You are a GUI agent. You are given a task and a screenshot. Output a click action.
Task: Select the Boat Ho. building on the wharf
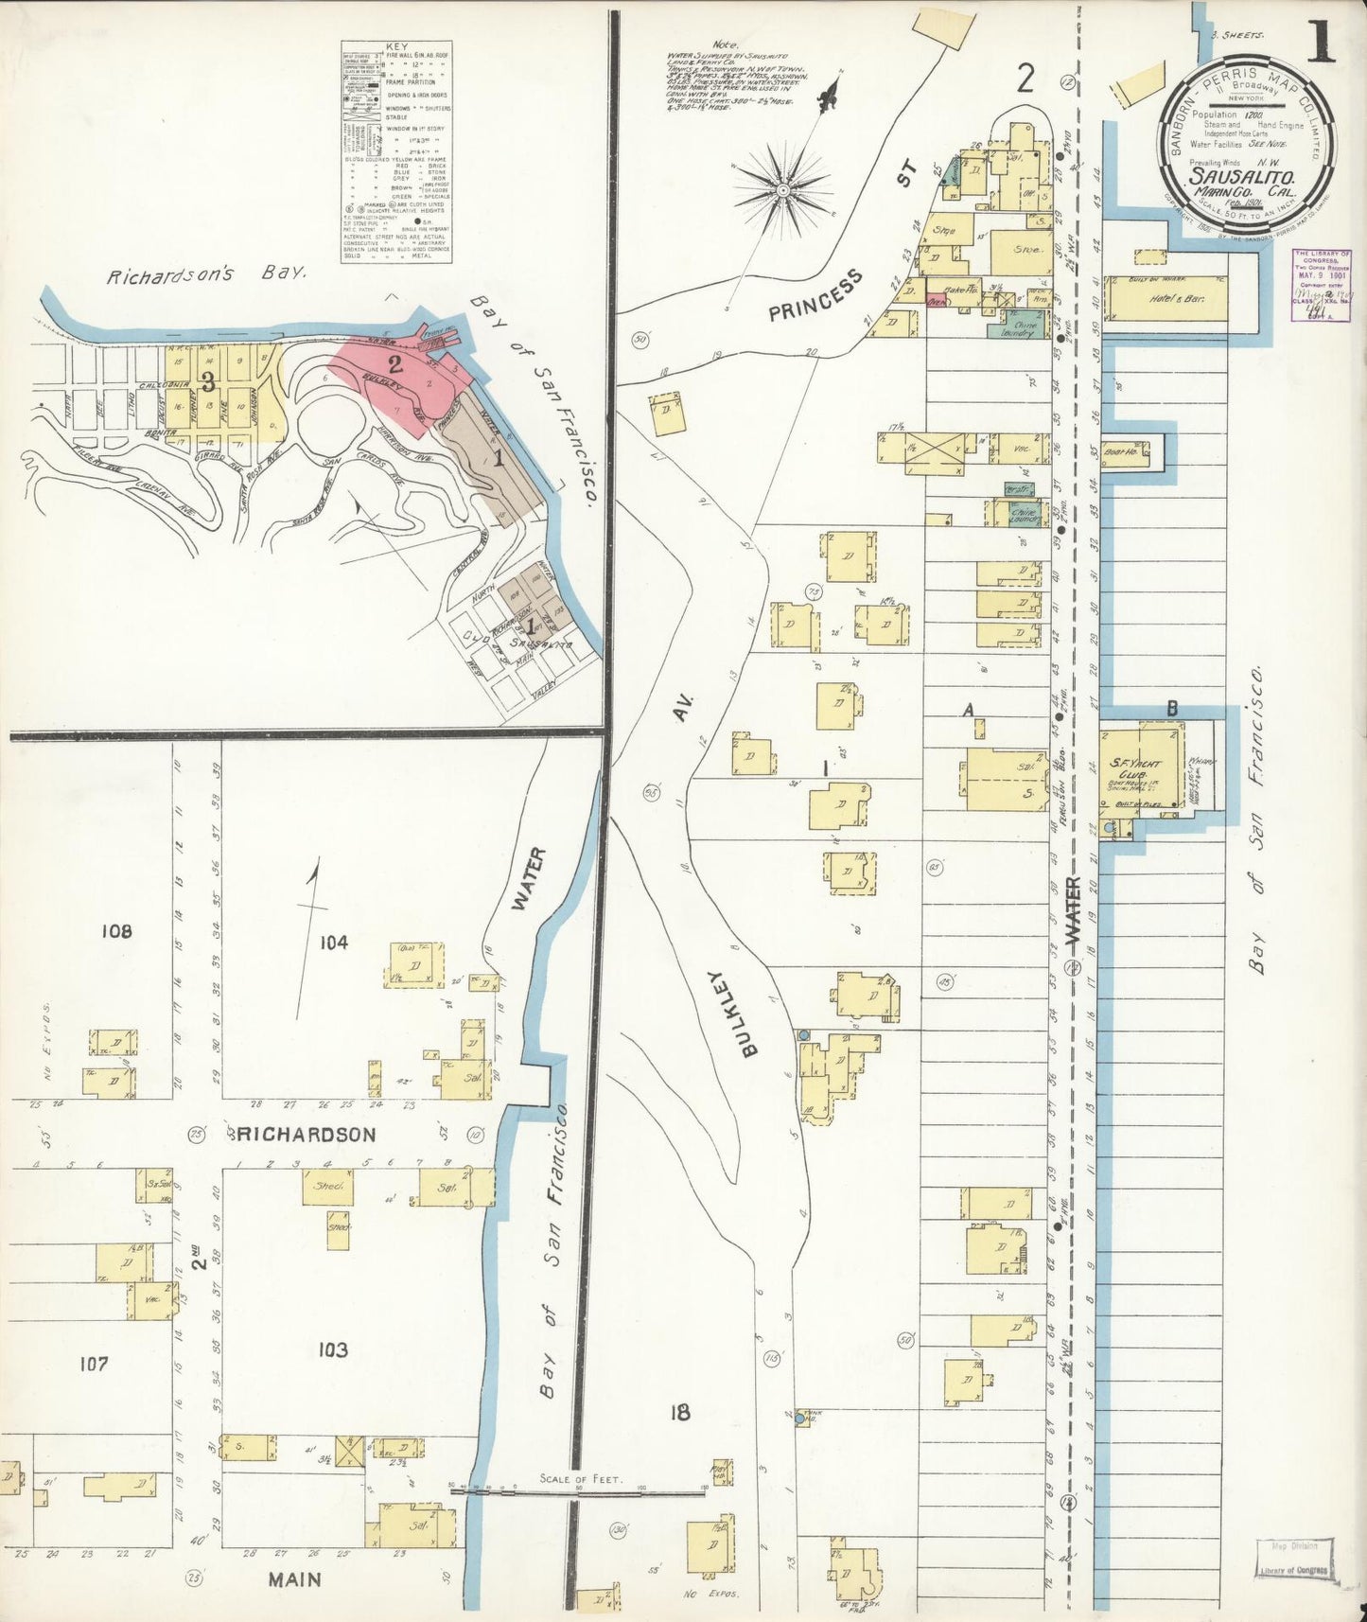pos(1126,452)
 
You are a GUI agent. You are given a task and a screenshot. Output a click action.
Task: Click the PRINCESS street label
pos(816,295)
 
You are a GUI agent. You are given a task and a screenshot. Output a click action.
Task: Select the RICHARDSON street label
pos(302,1134)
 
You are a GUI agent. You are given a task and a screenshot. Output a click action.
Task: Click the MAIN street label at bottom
pos(294,1579)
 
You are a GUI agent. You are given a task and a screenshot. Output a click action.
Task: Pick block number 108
pos(116,931)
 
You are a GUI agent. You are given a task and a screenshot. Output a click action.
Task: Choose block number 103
pos(332,1349)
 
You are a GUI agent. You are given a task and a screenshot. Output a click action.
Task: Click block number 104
pos(334,942)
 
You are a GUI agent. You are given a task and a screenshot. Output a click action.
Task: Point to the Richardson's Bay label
pos(206,275)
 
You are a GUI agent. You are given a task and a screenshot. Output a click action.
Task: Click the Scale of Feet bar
pos(580,1490)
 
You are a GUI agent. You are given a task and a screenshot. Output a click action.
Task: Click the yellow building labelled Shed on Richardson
pos(327,1187)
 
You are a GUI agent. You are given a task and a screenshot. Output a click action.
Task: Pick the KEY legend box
pos(396,151)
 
